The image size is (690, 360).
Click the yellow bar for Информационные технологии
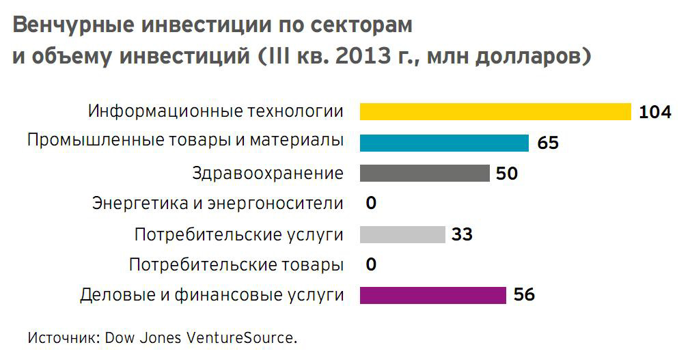tap(495, 111)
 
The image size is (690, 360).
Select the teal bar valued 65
tap(444, 143)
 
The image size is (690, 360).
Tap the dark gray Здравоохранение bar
tap(424, 174)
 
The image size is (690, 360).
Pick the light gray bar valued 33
tap(402, 234)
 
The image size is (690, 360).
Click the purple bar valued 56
tap(432, 295)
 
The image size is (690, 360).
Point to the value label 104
tap(655, 112)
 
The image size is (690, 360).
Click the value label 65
tap(548, 143)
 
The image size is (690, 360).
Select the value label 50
tap(507, 174)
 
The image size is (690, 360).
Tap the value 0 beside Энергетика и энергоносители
tap(371, 204)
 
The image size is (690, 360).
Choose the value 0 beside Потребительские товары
tap(371, 264)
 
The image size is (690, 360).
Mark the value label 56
tap(524, 295)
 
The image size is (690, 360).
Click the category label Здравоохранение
tap(268, 174)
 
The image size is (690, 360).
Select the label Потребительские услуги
tap(238, 235)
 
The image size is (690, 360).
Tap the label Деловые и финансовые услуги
tap(211, 296)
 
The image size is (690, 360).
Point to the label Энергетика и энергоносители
tap(217, 204)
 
